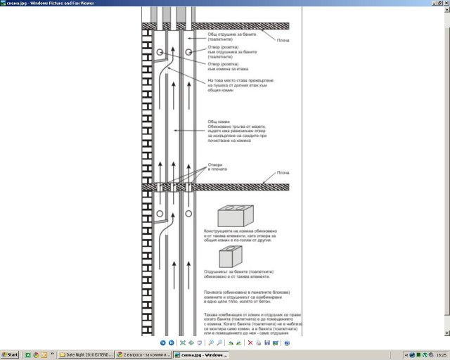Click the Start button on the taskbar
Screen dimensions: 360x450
tap(11, 355)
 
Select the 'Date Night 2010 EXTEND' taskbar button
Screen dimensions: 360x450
tap(85, 355)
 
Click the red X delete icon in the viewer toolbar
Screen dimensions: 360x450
tap(250, 342)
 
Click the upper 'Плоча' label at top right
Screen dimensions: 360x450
tap(284, 40)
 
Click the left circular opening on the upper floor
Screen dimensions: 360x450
tap(160, 53)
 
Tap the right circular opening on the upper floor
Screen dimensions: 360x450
tap(189, 53)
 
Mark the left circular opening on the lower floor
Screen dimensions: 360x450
tap(160, 212)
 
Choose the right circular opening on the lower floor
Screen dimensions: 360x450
tap(189, 212)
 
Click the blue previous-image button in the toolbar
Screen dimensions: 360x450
tap(162, 342)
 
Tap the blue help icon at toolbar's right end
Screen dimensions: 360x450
tap(285, 342)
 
